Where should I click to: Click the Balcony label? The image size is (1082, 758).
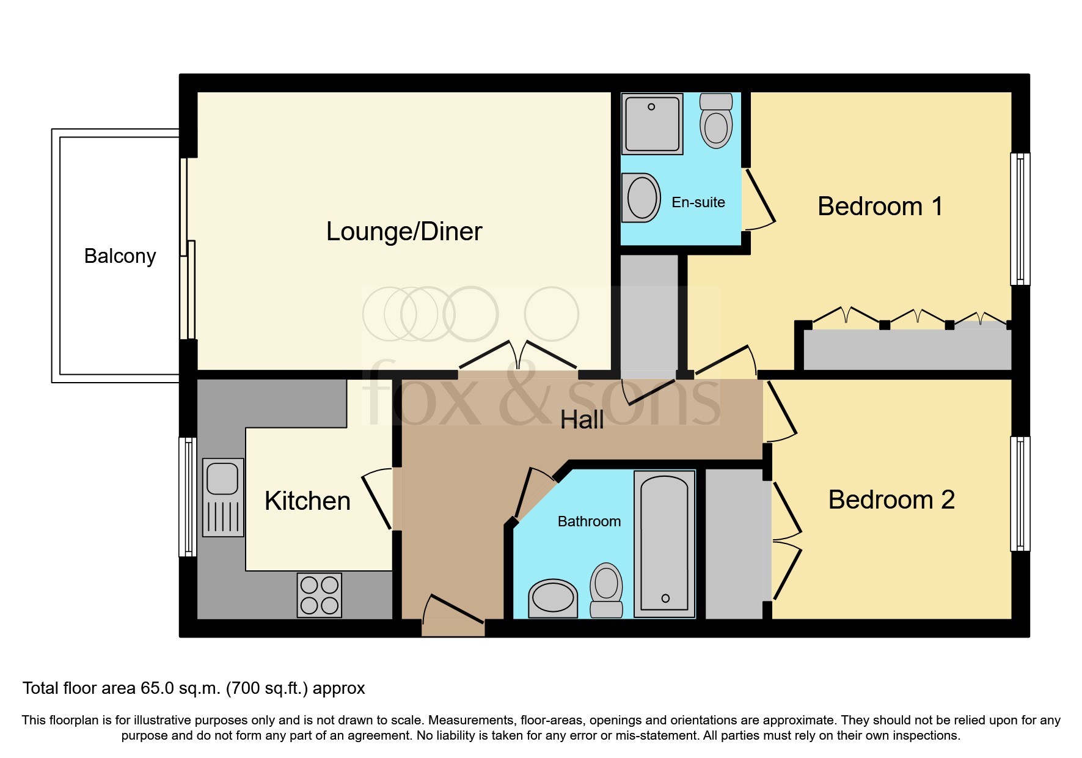[x=120, y=256]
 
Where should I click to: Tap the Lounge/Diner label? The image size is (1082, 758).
[x=404, y=232]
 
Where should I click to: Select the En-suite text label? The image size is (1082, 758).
[x=698, y=202]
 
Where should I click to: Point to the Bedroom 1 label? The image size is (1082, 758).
[x=880, y=207]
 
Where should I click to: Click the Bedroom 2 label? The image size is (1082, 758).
[x=891, y=500]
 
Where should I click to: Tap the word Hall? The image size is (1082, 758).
[x=582, y=420]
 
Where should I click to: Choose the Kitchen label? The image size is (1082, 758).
[x=307, y=501]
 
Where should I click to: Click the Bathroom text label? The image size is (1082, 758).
[x=589, y=521]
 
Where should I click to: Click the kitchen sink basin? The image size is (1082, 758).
[x=222, y=478]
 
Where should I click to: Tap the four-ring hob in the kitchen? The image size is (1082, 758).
[x=320, y=595]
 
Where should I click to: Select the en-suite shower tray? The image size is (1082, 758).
[x=652, y=123]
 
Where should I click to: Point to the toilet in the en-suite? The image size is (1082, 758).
[x=716, y=120]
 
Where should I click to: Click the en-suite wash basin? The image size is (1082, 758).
[x=641, y=197]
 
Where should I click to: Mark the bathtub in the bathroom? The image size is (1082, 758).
[x=665, y=543]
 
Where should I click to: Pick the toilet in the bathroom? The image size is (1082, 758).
[x=606, y=590]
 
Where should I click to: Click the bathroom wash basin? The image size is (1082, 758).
[x=553, y=598]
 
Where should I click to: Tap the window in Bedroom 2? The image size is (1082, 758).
[x=1020, y=494]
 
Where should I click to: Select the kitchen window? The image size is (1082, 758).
[x=188, y=497]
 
